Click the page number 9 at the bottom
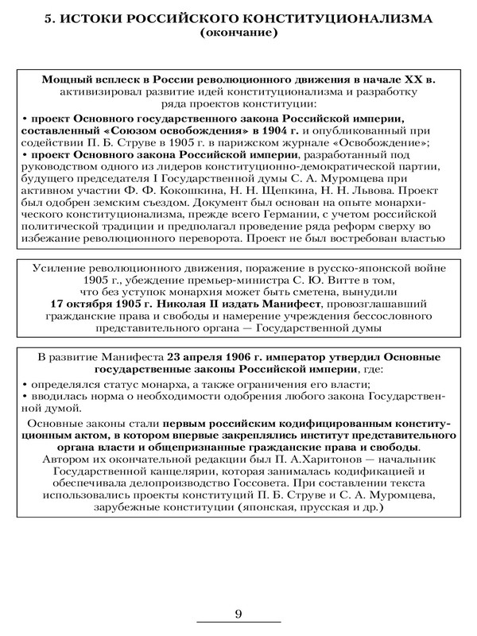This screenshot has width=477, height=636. pos(238,613)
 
